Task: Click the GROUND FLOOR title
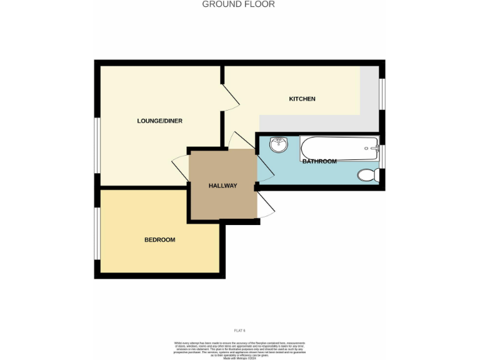[x=238, y=4]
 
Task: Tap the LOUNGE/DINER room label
[x=159, y=121]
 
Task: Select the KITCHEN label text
[x=302, y=99]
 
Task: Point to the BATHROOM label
[x=319, y=161]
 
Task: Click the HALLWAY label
[x=222, y=186]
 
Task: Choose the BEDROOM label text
[x=159, y=239]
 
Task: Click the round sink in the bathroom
[x=278, y=145]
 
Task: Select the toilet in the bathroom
[x=368, y=174]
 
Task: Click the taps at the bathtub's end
[x=373, y=149]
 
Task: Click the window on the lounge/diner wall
[x=97, y=144]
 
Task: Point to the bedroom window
[x=97, y=232]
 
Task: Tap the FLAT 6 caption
[x=239, y=329]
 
